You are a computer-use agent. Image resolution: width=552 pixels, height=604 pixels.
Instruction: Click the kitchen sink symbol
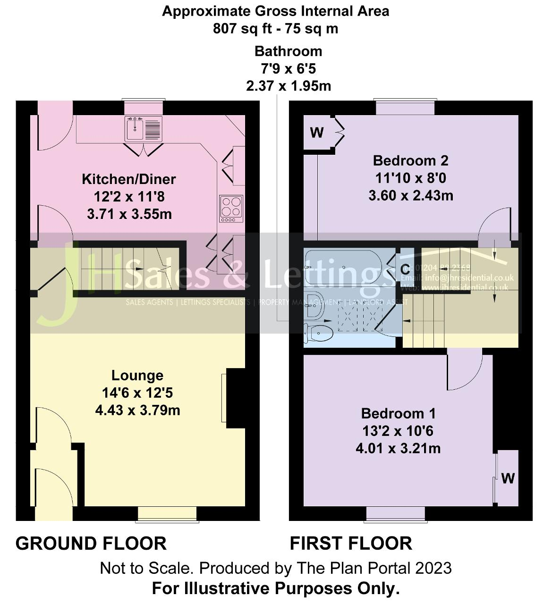click(144, 128)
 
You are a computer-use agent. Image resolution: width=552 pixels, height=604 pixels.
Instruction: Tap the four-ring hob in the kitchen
click(231, 209)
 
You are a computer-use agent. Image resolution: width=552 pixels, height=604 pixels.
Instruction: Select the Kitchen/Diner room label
click(129, 179)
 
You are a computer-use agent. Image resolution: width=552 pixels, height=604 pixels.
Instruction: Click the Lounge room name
click(137, 376)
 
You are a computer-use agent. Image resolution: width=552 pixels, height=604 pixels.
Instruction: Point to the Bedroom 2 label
click(410, 161)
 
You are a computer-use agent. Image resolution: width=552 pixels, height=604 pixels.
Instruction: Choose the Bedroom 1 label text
click(398, 414)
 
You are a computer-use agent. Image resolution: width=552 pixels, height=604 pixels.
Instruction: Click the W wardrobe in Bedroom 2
click(317, 133)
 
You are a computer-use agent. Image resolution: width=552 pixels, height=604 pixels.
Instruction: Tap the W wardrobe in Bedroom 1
click(508, 478)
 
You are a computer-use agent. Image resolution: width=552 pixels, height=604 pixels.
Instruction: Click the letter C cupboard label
click(405, 269)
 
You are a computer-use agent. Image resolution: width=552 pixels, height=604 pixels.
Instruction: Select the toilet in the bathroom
click(319, 332)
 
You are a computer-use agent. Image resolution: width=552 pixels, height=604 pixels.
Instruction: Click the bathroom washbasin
click(313, 304)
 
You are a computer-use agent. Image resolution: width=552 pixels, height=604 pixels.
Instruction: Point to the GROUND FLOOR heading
click(91, 544)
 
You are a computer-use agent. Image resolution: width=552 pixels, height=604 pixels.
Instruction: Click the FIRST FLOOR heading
click(351, 544)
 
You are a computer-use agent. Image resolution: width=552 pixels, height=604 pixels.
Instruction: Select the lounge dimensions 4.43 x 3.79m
click(137, 411)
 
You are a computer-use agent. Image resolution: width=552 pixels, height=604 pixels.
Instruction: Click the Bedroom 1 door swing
click(463, 373)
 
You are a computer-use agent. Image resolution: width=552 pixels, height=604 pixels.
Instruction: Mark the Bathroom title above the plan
click(288, 51)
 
